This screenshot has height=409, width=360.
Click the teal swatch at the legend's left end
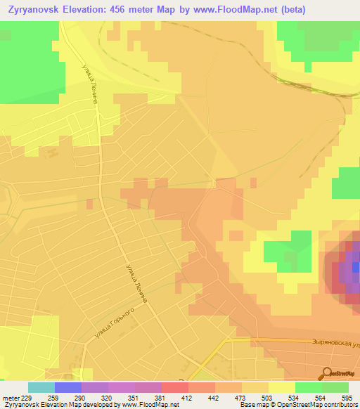click(x=41, y=387)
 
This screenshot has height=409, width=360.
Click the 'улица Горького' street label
click(x=115, y=325)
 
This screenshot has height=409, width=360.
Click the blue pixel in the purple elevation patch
click(x=356, y=267)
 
